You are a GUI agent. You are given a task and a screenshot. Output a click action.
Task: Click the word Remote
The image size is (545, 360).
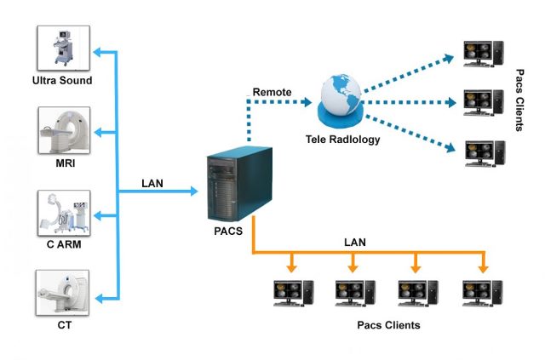click(x=272, y=91)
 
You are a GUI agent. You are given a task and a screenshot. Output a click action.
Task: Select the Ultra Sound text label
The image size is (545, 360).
click(x=61, y=81)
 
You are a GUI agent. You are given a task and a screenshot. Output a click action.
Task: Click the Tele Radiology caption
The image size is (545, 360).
click(x=340, y=140)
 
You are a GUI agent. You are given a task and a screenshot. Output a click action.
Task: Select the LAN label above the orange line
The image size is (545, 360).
click(x=354, y=243)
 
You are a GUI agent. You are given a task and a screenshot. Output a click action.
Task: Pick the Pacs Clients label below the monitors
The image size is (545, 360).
click(x=388, y=325)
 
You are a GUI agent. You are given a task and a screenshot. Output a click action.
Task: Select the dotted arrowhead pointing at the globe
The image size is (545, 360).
click(x=308, y=103)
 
